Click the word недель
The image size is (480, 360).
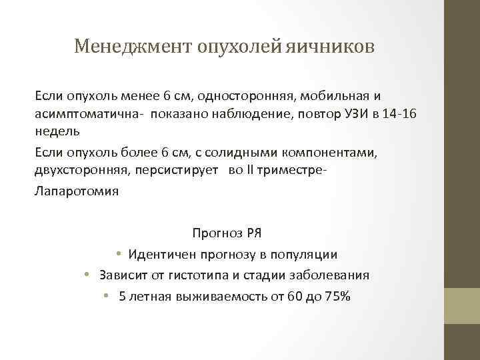click(x=57, y=131)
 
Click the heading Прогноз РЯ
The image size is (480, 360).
click(x=227, y=233)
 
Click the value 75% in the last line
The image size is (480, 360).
click(x=337, y=296)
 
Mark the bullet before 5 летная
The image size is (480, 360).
click(x=107, y=296)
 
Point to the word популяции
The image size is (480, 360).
click(x=305, y=254)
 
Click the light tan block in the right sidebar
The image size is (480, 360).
click(x=462, y=305)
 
